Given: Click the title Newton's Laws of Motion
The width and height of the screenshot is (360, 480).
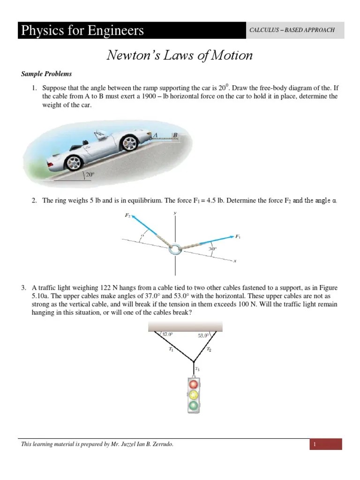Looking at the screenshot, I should (x=180, y=56).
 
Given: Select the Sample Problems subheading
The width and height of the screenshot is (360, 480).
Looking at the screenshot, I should (x=46, y=74).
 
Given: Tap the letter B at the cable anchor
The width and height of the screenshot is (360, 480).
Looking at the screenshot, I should (x=175, y=135).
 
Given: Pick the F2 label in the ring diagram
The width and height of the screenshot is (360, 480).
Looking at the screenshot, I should (x=127, y=216).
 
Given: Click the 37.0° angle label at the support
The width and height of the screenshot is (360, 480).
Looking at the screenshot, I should (x=167, y=334).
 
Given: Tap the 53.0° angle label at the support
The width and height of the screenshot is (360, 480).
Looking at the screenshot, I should (x=204, y=335).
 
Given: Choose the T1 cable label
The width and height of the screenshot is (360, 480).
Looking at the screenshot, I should (x=171, y=350).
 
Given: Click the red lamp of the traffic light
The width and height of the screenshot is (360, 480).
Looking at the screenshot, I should (x=194, y=384).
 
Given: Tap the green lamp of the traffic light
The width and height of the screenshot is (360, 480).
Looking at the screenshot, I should (x=194, y=405).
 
